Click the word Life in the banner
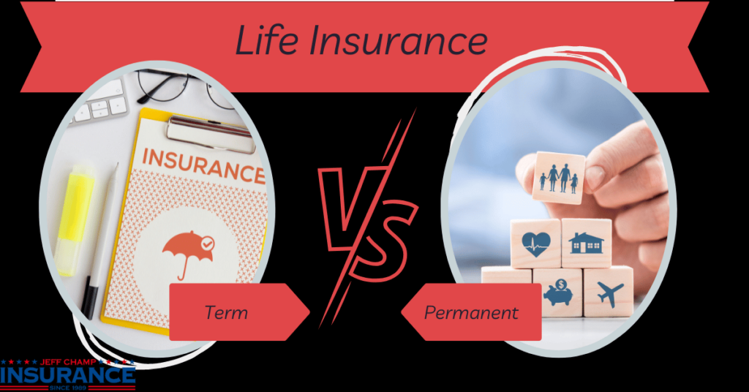(267, 40)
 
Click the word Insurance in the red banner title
(399, 40)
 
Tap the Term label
(226, 313)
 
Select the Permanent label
(471, 313)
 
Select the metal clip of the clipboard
(209, 132)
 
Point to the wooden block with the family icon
(559, 178)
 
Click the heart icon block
(536, 244)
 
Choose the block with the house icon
(586, 244)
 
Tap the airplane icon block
(609, 293)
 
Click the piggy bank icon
(559, 293)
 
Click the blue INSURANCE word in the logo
(68, 375)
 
